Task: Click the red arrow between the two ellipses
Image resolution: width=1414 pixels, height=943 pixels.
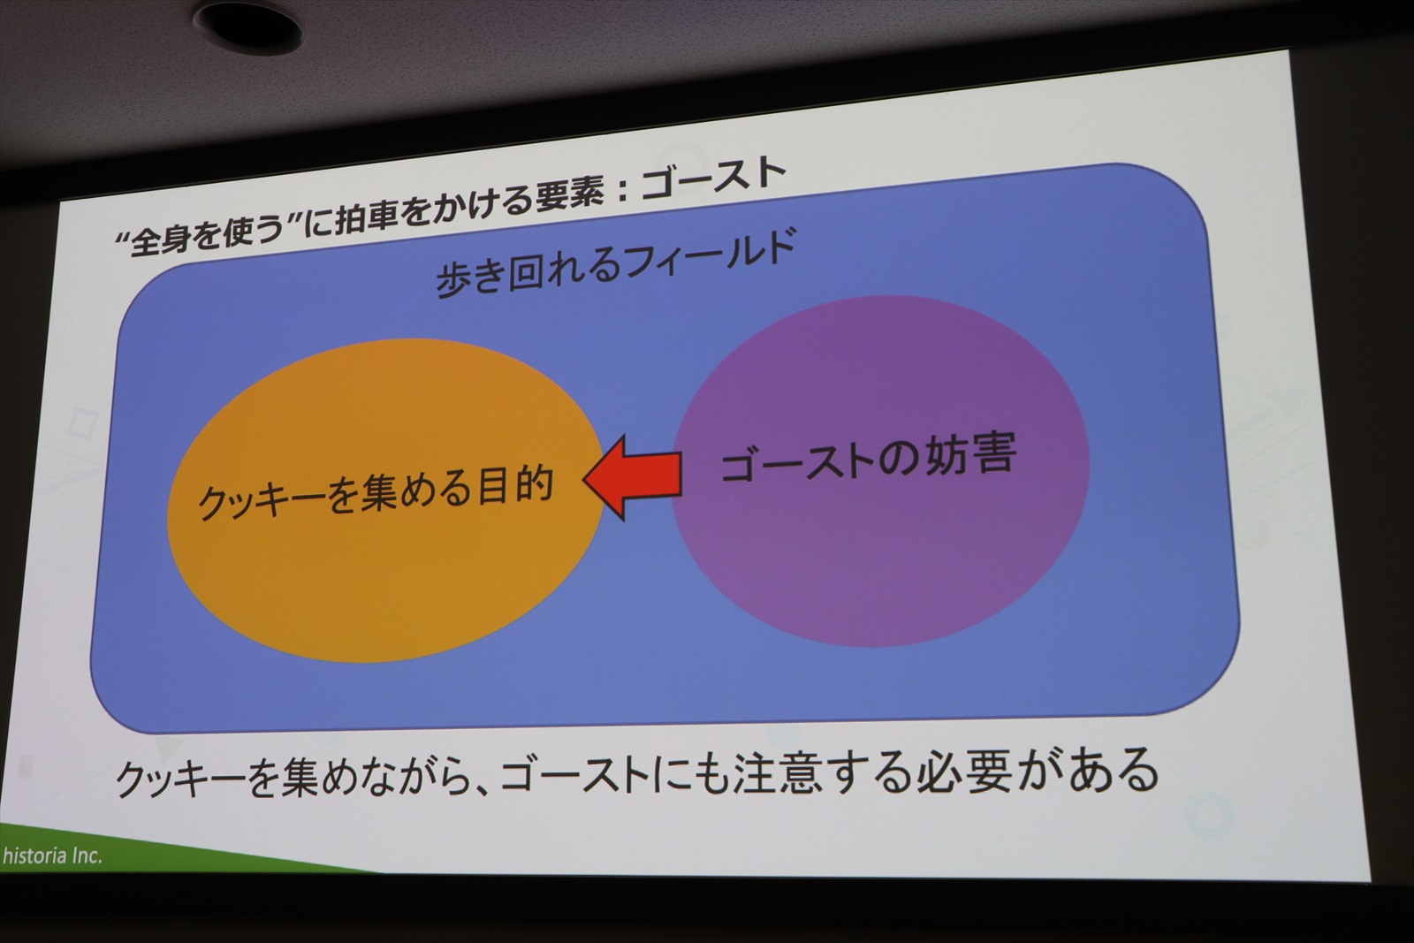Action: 633,477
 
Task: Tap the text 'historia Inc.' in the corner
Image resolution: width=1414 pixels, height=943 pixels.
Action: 52,856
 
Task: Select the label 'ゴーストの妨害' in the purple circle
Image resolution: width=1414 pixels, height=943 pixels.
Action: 869,459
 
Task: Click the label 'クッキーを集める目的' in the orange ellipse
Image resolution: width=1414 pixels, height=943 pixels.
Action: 376,493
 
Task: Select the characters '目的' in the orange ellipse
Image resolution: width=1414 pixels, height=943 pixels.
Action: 516,487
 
